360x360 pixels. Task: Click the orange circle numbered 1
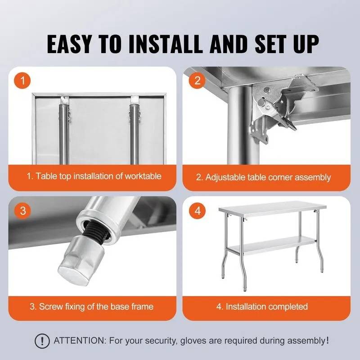pos(22,81)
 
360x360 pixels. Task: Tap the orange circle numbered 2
pos(197,81)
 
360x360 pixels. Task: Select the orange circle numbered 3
pos(22,211)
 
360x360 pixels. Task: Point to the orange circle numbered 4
pos(197,211)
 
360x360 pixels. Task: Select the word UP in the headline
pos(306,44)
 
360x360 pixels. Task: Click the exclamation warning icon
pos(42,341)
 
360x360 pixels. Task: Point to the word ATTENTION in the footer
pos(79,340)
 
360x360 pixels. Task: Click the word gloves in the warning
pos(193,341)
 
